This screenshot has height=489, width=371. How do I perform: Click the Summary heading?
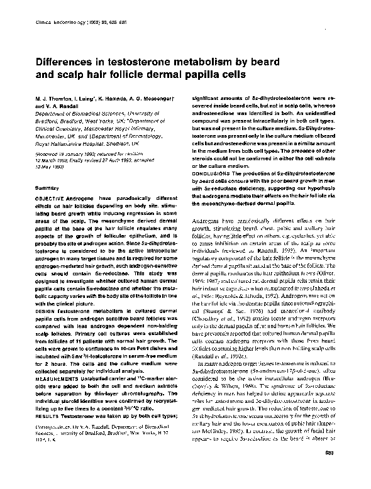pos(43,189)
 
